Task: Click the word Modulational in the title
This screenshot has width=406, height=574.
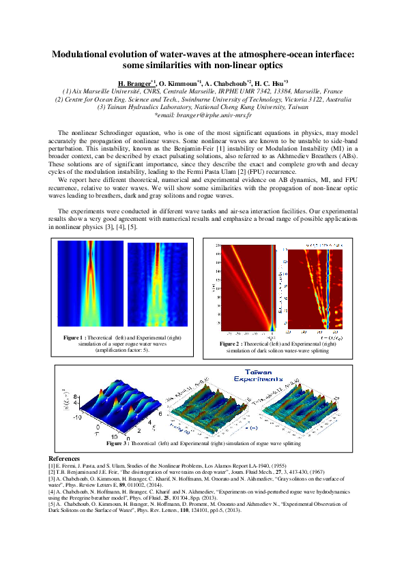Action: [x=87, y=55]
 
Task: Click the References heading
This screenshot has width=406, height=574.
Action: [x=64, y=458]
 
